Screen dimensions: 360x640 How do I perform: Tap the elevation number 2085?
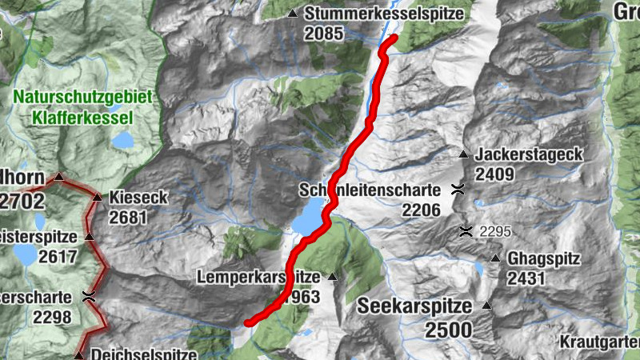tap(323, 34)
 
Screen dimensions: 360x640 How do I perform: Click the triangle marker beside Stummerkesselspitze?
tap(293, 14)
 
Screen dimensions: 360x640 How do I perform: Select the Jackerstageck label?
tap(528, 154)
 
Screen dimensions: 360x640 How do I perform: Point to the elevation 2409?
tap(494, 173)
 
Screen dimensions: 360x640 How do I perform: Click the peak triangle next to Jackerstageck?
tap(462, 154)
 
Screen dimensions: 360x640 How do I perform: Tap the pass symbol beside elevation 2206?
tap(458, 190)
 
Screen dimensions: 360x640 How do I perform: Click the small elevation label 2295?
tap(495, 232)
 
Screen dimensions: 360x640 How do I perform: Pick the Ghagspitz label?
tap(543, 259)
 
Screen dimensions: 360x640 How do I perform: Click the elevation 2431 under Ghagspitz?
tap(526, 278)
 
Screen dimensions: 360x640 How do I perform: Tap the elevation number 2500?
tap(448, 329)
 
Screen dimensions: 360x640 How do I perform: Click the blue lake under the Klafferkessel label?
tap(124, 140)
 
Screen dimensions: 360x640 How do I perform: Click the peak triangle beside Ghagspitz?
tap(495, 258)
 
